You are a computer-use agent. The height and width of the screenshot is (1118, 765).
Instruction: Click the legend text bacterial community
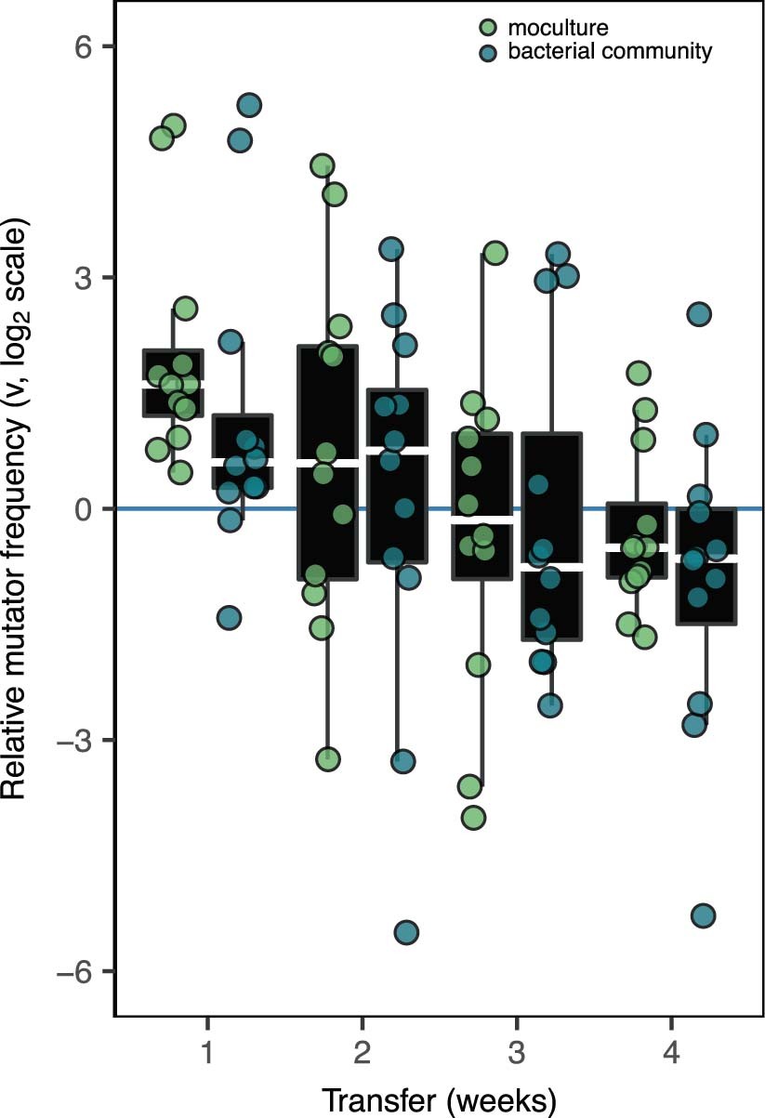[x=611, y=51]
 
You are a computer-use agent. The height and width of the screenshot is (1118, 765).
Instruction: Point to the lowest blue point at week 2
[x=406, y=932]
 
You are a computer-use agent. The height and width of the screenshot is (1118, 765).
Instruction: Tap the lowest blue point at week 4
[x=704, y=916]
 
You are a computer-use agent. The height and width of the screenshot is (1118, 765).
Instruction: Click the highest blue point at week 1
[x=248, y=105]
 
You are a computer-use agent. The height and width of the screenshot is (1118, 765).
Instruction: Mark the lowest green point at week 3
[x=473, y=818]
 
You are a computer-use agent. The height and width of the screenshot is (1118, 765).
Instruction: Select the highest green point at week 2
[x=323, y=165]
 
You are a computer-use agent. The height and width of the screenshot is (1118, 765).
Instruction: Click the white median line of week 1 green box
[x=173, y=382]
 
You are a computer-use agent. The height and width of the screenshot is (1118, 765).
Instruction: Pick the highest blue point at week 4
[x=699, y=314]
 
